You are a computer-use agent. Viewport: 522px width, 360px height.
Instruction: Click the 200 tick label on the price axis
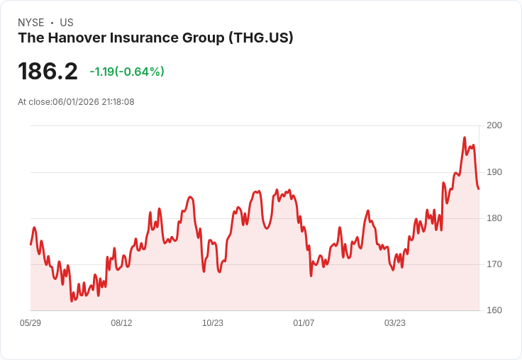click(x=494, y=125)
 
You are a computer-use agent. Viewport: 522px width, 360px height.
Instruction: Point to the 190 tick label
click(x=494, y=172)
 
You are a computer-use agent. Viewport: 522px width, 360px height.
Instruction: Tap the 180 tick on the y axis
click(x=494, y=218)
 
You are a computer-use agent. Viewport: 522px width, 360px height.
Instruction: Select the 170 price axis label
click(x=494, y=264)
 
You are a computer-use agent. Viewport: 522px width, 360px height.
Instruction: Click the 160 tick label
click(x=494, y=310)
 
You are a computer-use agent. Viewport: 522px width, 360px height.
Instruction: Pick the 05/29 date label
click(x=30, y=322)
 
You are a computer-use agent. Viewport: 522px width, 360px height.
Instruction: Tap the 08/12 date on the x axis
click(x=121, y=322)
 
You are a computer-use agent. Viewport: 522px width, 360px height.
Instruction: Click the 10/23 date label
click(x=213, y=322)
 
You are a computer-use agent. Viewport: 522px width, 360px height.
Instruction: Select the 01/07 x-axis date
click(x=304, y=322)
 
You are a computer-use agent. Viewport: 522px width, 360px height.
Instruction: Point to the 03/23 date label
click(x=395, y=322)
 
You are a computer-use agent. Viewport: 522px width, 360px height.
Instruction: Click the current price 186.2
click(x=48, y=71)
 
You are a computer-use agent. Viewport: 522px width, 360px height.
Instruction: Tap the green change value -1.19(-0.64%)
click(x=127, y=72)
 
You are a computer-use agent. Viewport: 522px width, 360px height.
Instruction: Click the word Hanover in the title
click(x=79, y=38)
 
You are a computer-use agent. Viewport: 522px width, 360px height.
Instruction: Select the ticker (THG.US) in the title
click(x=261, y=38)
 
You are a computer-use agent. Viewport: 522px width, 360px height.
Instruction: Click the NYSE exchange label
click(x=31, y=23)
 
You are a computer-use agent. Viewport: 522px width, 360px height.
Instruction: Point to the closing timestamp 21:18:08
click(x=118, y=102)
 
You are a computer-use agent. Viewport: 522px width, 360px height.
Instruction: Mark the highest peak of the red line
click(x=465, y=137)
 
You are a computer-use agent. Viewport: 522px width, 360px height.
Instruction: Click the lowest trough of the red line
click(x=72, y=301)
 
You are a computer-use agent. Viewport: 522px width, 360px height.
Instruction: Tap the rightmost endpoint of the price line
click(x=479, y=189)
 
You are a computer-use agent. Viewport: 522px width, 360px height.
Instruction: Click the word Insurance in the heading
click(x=145, y=38)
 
